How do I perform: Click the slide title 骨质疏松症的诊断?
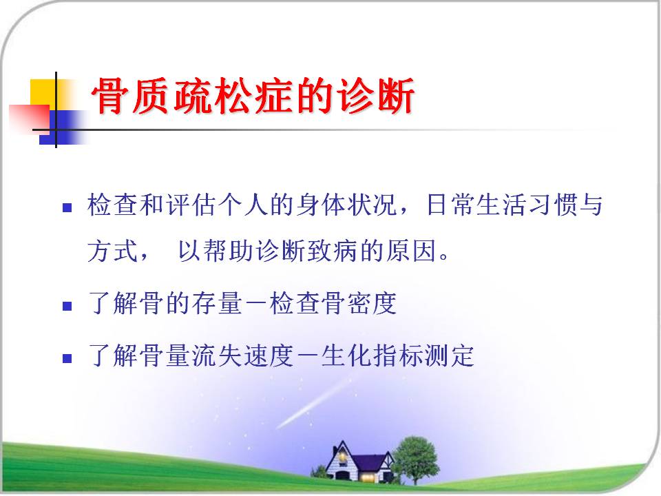click(253, 96)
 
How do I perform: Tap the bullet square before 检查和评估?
click(67, 207)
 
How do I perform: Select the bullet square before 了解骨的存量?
click(67, 306)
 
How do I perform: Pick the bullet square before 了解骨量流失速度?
click(67, 358)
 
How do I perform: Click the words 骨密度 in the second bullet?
click(359, 303)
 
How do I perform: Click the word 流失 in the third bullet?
click(217, 355)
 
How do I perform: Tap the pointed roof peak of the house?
click(342, 442)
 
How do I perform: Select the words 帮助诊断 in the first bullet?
click(255, 251)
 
